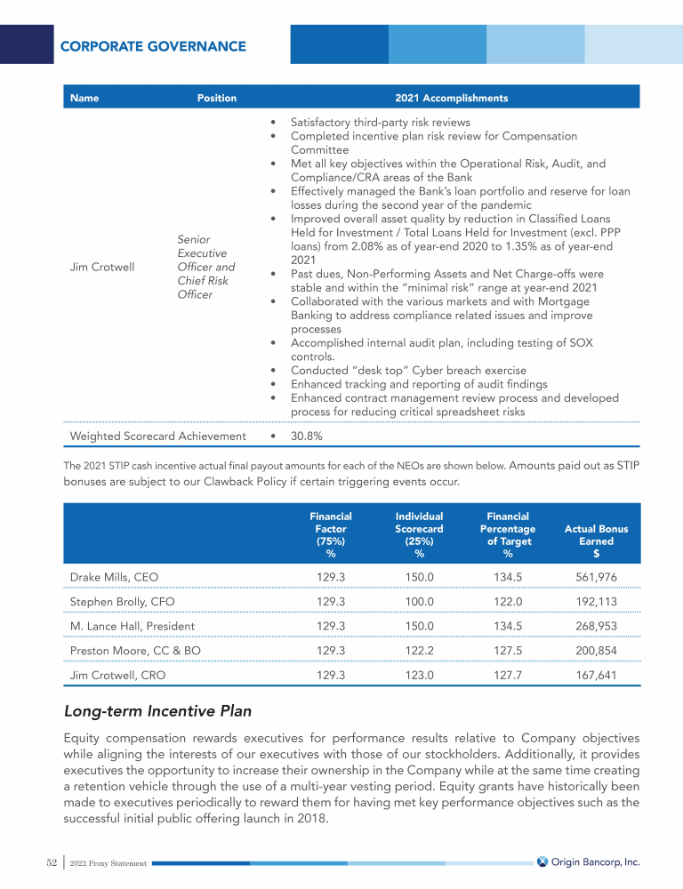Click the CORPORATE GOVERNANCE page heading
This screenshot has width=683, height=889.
coord(153,45)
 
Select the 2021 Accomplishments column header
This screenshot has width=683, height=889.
coord(451,98)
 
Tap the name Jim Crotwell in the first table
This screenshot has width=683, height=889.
coord(102,267)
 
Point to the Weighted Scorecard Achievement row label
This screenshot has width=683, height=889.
coord(157,436)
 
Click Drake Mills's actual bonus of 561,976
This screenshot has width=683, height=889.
coord(596,577)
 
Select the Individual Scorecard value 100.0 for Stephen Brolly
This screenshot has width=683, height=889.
coord(419,601)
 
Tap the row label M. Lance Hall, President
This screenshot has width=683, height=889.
coord(133,626)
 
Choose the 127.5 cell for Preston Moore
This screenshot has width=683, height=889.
coord(508,651)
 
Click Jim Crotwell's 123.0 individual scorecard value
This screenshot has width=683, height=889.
coord(419,676)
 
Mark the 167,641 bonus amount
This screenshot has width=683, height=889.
coord(596,676)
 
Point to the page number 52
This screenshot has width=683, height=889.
coord(52,861)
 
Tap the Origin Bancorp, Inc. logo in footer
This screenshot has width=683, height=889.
coord(588,861)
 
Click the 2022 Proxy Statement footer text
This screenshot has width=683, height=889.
coord(109,863)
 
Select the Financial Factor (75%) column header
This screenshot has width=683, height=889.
coord(330,534)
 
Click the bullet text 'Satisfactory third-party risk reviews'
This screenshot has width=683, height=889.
coord(381,123)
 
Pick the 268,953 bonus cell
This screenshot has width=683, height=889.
coord(596,626)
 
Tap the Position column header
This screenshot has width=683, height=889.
coord(217,98)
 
